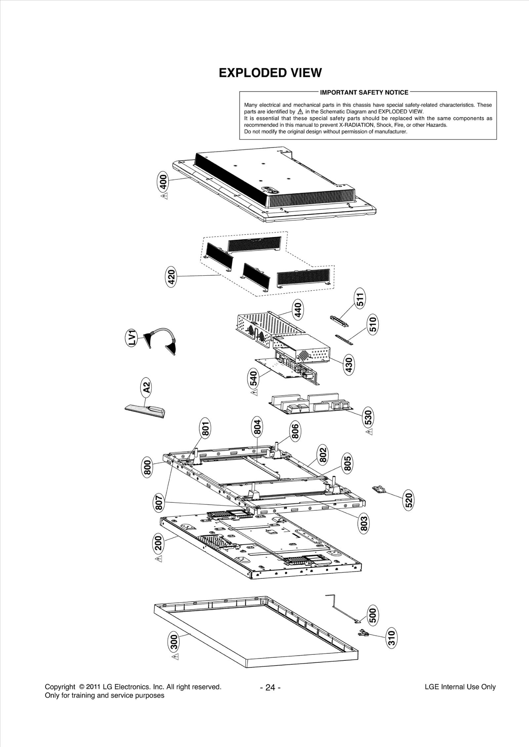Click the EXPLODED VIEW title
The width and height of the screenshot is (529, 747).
coord(270,73)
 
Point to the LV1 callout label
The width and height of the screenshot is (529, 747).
coord(132,337)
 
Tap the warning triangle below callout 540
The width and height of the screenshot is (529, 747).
coord(254,393)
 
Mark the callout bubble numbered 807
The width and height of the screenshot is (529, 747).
coord(159,503)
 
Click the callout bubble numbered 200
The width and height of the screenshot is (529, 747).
coord(158,543)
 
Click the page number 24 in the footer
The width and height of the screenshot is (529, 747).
coord(270,688)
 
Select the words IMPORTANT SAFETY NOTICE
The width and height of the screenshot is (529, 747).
coord(364,93)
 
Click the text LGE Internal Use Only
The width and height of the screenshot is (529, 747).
coord(460,687)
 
